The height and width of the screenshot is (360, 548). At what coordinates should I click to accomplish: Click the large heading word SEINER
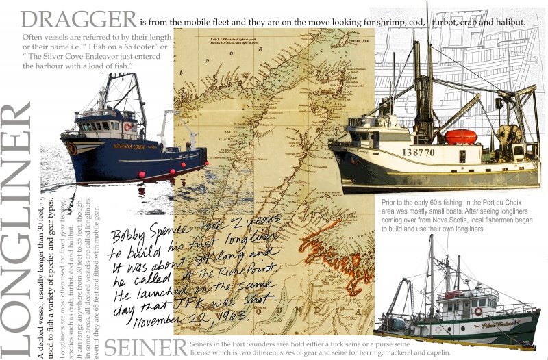(x=145, y=346)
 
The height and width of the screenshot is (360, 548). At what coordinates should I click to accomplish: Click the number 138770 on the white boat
(x=418, y=152)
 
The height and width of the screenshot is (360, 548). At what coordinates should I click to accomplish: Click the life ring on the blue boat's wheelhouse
(x=127, y=127)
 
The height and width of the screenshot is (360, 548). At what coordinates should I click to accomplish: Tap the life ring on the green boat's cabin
(x=478, y=311)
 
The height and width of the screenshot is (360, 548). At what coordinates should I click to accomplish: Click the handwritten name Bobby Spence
(x=149, y=229)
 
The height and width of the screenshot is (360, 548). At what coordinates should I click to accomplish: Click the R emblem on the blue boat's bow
(x=72, y=149)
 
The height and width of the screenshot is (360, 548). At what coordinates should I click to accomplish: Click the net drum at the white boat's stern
(x=510, y=133)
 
